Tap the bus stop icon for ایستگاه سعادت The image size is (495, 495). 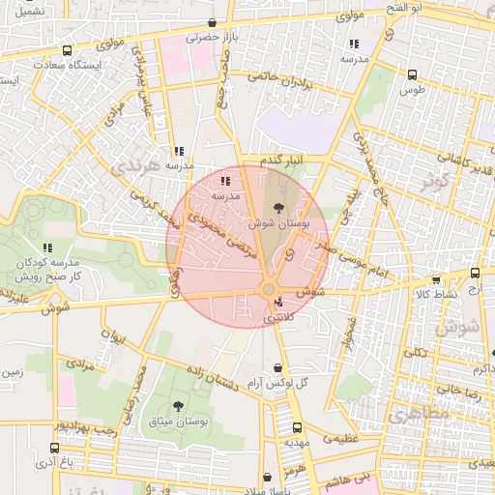pos(66,50)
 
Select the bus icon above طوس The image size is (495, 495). pos(413,74)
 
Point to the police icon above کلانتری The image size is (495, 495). pos(278,302)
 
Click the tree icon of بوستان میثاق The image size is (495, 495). pos(178,406)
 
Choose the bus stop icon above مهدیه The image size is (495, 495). pos(297,425)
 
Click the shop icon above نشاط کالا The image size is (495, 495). pos(436,279)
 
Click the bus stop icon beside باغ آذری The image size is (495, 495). pos(53,448)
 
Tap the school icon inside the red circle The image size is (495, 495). pos(225,181)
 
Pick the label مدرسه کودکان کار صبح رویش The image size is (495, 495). pos(49,269)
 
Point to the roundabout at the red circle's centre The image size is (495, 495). pos(270,290)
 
